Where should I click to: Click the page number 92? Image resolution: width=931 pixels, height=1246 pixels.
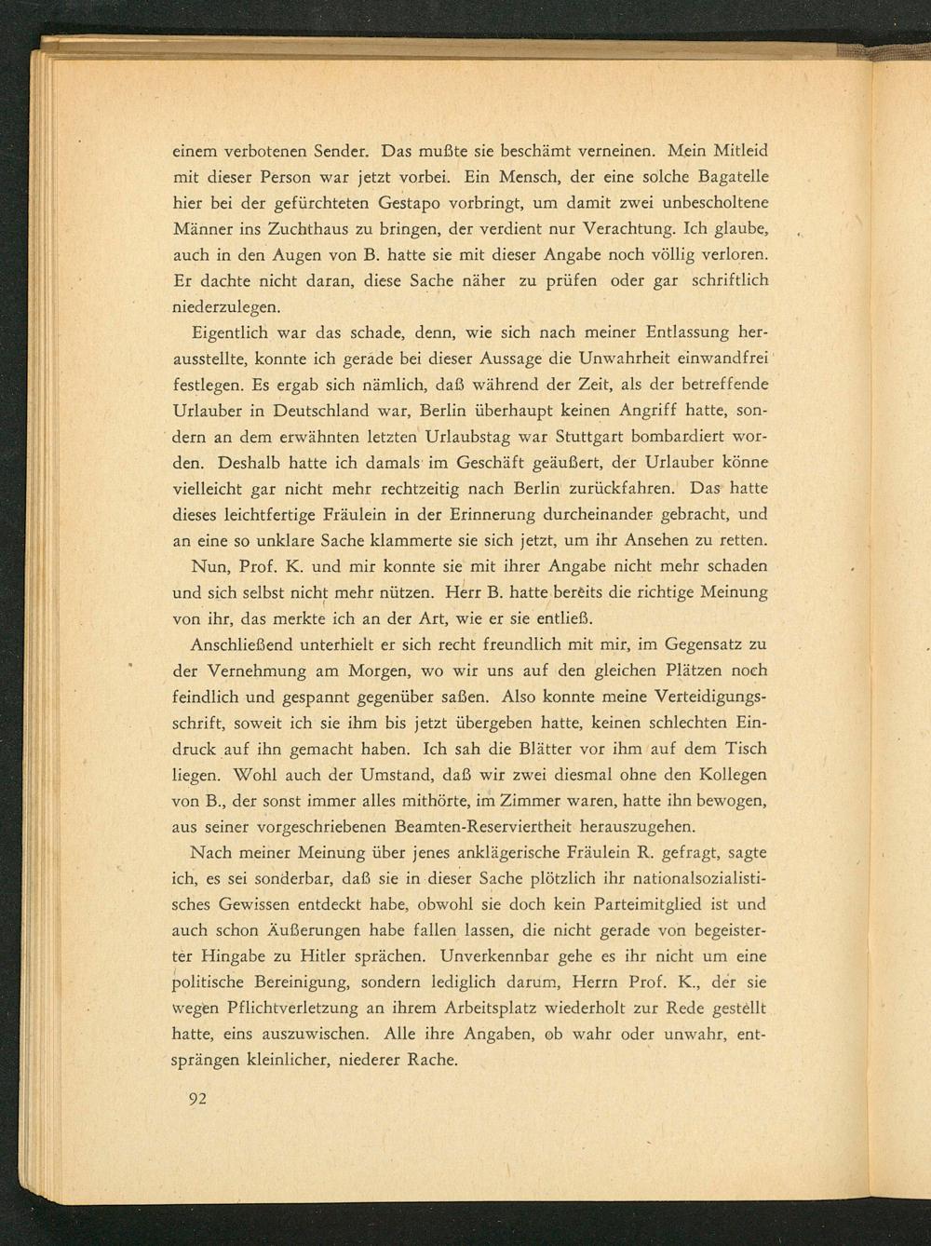point(196,1098)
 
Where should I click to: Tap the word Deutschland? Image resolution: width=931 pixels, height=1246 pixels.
point(314,410)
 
